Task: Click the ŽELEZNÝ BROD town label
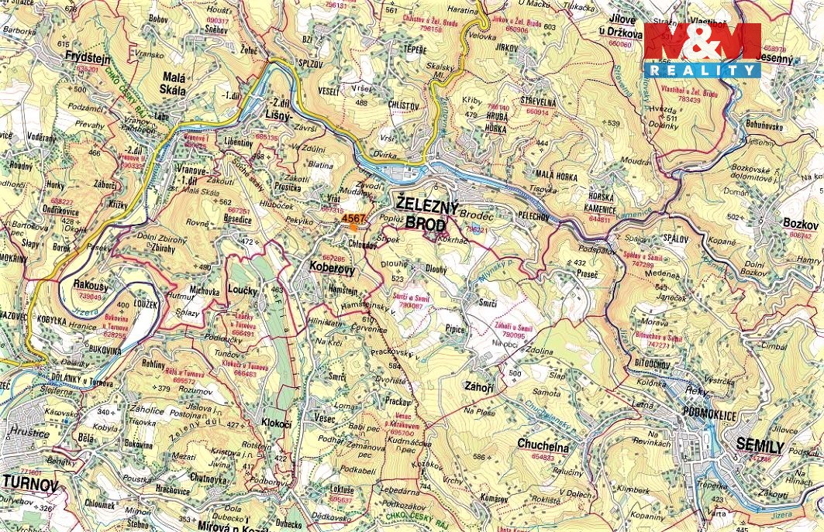coord(422,215)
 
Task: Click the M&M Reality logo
coord(702,50)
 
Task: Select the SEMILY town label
coord(760,447)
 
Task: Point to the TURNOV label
coord(30,485)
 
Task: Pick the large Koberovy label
coord(332,269)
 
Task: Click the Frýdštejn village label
coord(88,59)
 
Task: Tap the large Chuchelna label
coord(543,447)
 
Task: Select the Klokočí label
coord(276,424)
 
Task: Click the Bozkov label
coord(800,223)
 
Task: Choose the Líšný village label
coord(277,115)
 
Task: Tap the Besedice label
coord(237,220)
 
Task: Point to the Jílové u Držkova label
coord(621,27)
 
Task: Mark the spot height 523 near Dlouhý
coord(398,278)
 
